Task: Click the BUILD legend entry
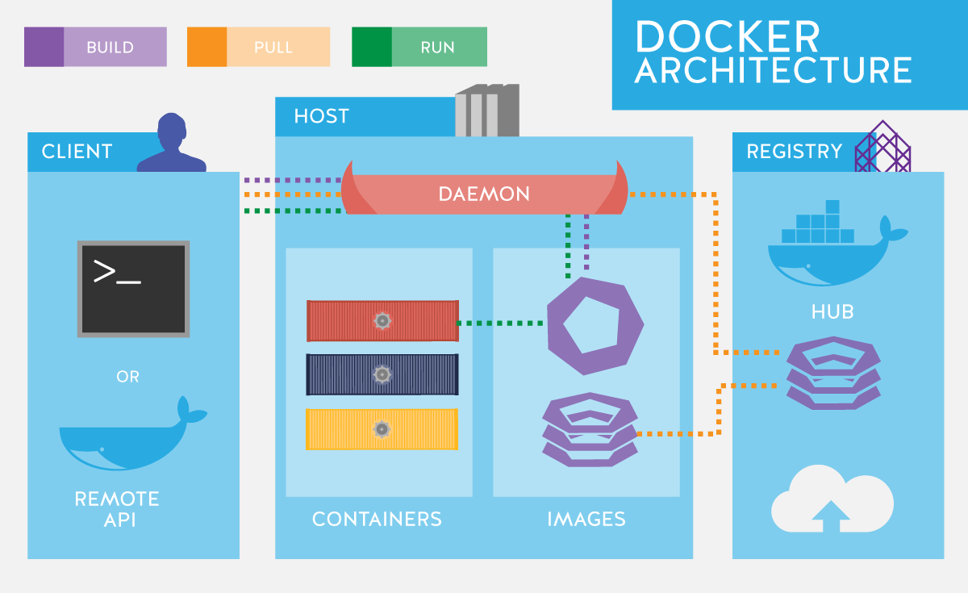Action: [x=95, y=47]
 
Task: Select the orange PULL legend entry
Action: [x=258, y=47]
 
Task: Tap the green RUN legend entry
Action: [x=419, y=47]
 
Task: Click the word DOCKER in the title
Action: [x=727, y=37]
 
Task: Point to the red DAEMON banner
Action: [x=484, y=194]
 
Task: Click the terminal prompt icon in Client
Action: [x=133, y=288]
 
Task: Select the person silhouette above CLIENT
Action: [x=171, y=144]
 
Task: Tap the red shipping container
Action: [x=382, y=321]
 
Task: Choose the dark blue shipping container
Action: [x=382, y=374]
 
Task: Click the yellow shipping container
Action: [x=382, y=429]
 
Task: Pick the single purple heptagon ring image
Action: [x=595, y=325]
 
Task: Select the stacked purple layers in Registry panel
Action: [x=832, y=374]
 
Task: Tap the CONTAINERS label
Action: [x=377, y=519]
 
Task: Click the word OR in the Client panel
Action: [x=128, y=377]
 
